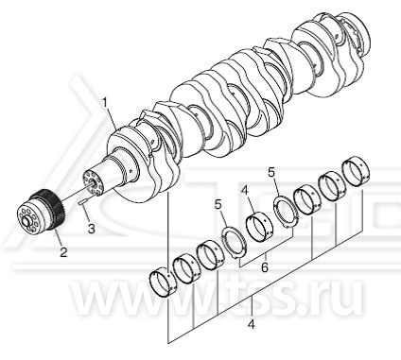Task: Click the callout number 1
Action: click(106, 103)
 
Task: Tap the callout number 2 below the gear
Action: click(63, 251)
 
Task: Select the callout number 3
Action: click(92, 229)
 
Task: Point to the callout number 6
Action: click(265, 267)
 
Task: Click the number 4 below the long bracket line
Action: click(252, 324)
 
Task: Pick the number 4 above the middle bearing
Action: click(247, 191)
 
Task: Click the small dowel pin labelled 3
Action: click(81, 202)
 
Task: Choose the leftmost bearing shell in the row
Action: click(162, 283)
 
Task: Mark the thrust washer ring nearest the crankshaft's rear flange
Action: click(287, 211)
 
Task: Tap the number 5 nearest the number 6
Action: click(218, 205)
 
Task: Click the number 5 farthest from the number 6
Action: click(271, 173)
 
